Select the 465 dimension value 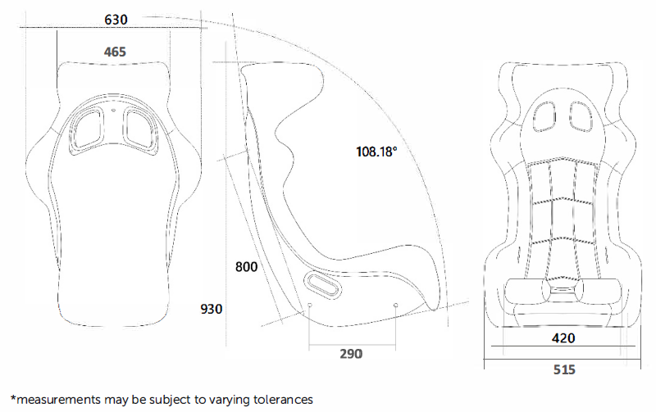tap(115, 52)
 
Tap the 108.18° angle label tap(376, 152)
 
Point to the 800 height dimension tap(246, 267)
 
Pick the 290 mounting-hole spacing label tap(350, 354)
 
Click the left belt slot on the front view tap(545, 117)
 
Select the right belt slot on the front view tap(581, 117)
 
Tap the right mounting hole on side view tap(396, 306)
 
